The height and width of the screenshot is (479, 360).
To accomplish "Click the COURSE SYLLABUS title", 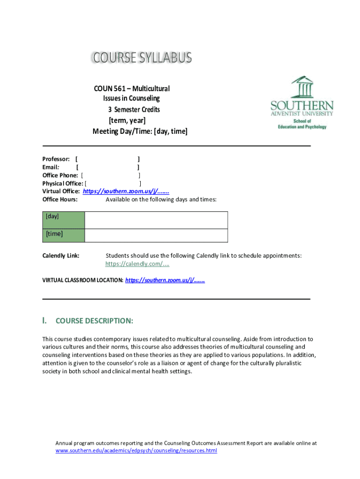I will click(x=141, y=58).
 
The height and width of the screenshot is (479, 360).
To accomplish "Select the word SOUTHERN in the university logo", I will click(x=302, y=105).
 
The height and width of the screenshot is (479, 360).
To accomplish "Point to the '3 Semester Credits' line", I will click(x=134, y=109).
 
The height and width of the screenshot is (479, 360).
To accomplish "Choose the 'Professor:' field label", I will click(x=56, y=159).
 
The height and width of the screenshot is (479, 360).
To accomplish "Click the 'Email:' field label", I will click(x=51, y=167).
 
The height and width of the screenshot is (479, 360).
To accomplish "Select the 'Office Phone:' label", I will click(x=60, y=175).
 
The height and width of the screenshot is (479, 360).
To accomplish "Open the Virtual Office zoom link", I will click(x=126, y=191).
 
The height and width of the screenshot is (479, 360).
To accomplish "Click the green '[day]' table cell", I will click(x=64, y=220).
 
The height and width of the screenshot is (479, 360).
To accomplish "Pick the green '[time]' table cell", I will click(x=64, y=235).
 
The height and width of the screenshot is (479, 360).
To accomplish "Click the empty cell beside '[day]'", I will click(x=156, y=220).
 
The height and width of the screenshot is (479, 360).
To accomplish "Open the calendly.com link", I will click(x=137, y=264).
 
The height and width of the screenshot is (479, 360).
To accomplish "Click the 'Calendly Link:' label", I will click(x=61, y=255).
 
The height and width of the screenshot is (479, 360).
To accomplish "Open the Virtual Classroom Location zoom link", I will click(x=165, y=280).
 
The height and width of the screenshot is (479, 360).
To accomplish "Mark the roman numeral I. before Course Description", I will click(x=44, y=320).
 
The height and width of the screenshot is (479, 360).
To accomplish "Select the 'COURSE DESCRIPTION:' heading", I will click(x=94, y=321).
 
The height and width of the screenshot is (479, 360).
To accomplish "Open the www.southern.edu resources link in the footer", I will click(x=136, y=450).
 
